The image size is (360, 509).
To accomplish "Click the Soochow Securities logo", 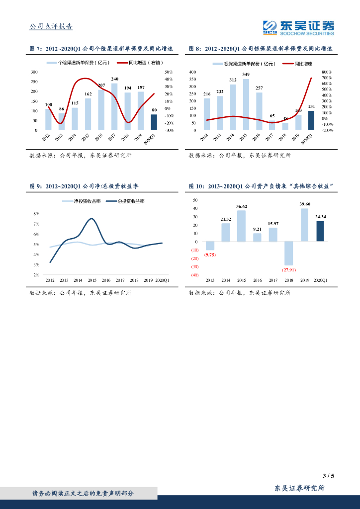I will (298, 27).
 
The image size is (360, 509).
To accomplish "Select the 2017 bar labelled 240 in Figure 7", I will (114, 106).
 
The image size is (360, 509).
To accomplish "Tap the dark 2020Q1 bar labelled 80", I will (154, 122).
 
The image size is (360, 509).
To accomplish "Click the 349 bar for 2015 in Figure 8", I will (246, 104).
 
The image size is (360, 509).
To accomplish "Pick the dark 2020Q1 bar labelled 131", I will (311, 120).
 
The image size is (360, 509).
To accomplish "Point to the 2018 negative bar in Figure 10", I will (288, 253).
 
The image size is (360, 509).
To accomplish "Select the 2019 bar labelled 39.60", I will (304, 225).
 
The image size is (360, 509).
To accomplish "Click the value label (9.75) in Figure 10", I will (210, 254).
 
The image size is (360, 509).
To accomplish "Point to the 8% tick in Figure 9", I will (36, 214).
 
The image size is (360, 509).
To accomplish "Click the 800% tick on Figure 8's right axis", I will (327, 72).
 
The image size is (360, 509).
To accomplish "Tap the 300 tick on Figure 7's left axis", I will (34, 72).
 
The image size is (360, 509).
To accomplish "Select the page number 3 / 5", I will (328, 476).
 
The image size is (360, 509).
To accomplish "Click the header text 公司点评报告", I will (51, 26).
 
